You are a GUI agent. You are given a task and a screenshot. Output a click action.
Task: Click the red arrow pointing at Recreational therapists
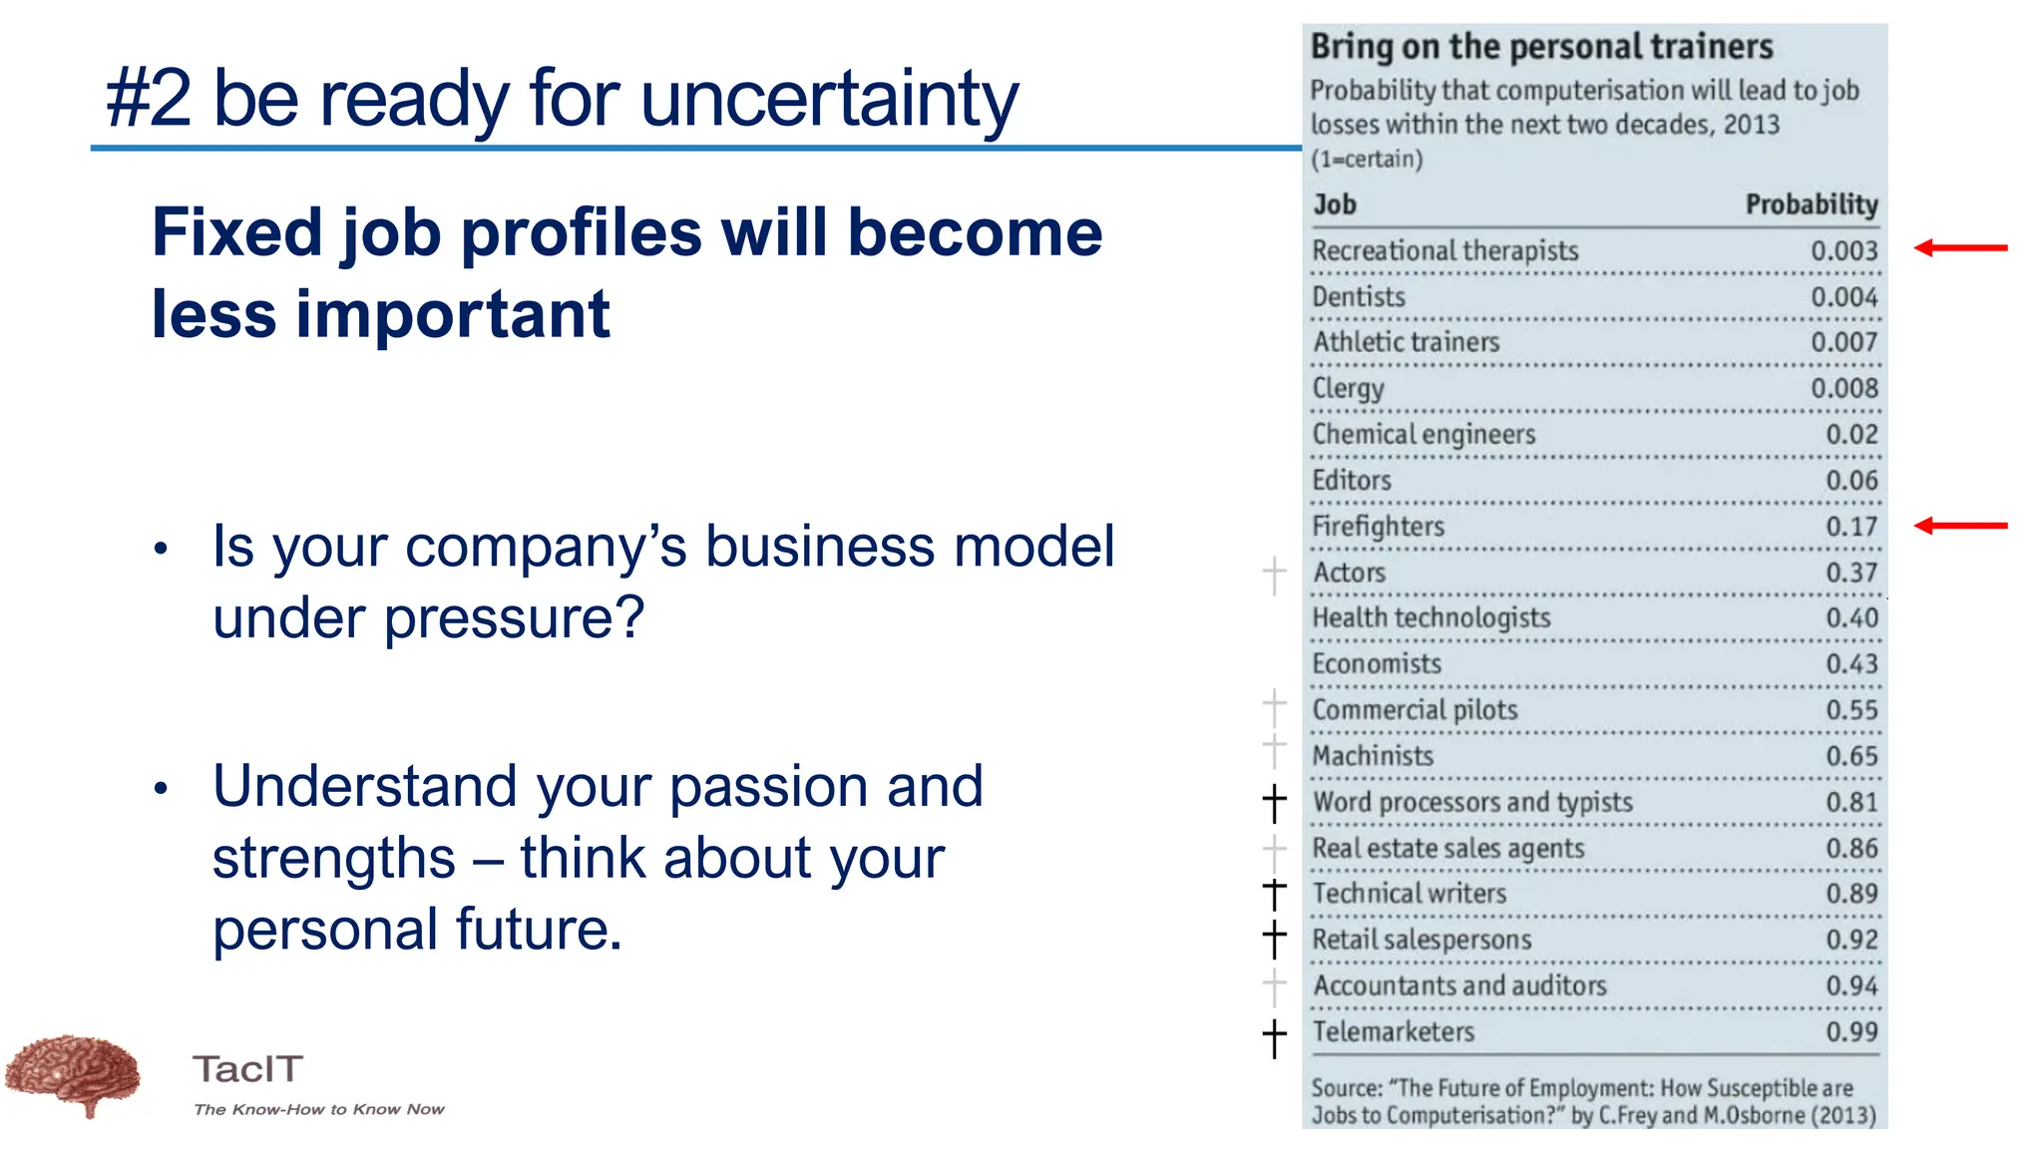[x=1960, y=248]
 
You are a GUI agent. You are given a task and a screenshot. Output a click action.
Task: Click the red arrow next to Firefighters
[x=1960, y=526]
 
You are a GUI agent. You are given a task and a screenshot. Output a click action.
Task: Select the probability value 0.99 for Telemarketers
[x=1851, y=1032]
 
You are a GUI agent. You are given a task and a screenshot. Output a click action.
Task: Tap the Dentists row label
[x=1359, y=297]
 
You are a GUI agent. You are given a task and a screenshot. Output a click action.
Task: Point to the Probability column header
[x=1811, y=204]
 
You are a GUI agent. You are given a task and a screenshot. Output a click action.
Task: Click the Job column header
[x=1335, y=204]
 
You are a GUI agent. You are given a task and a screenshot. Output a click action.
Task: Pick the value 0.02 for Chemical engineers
[x=1851, y=435]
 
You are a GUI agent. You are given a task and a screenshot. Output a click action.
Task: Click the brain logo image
[x=73, y=1074]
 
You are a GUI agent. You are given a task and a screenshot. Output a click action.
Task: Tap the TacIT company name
[x=247, y=1069]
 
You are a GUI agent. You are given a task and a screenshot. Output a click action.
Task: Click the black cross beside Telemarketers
[x=1274, y=1038]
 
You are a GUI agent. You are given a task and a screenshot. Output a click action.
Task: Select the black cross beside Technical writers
[x=1274, y=894]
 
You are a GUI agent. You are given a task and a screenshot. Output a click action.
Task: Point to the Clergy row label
[x=1348, y=388]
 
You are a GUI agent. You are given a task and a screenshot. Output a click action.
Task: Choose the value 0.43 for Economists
[x=1851, y=664]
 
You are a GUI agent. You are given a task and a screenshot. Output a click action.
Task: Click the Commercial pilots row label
[x=1415, y=710]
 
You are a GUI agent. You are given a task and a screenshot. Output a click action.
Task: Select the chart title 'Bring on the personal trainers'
[x=1541, y=47]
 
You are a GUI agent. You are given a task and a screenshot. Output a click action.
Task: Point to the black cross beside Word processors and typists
[x=1274, y=803]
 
